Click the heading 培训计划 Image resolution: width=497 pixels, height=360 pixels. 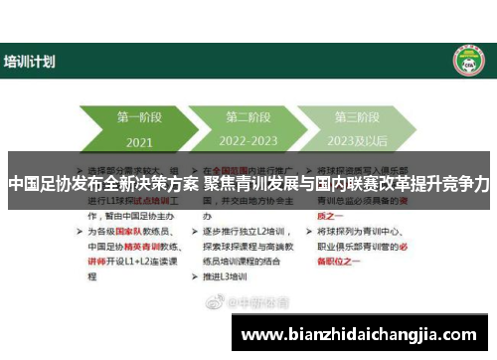tap(30, 62)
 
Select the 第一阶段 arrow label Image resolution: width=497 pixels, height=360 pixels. tap(140, 116)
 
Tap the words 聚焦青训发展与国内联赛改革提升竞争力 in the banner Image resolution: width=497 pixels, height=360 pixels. tap(347, 184)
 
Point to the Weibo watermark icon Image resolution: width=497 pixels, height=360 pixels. tap(212, 299)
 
